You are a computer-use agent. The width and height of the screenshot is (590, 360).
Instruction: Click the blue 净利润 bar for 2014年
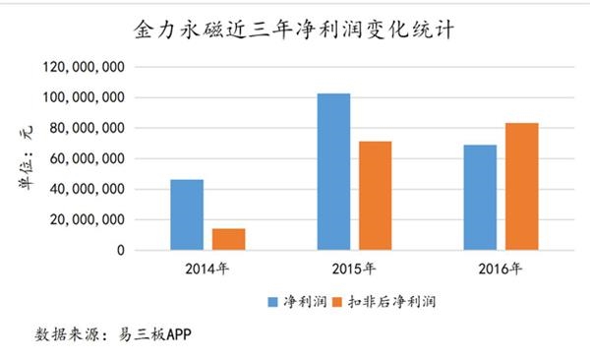[x=187, y=215]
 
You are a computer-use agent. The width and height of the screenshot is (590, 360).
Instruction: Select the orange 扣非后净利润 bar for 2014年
[x=228, y=239]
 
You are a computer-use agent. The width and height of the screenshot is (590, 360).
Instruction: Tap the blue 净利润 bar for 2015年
[x=333, y=172]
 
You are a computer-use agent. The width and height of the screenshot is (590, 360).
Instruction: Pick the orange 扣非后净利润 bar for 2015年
[x=375, y=196]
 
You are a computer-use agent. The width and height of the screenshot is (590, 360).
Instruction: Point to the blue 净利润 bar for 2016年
[x=480, y=198]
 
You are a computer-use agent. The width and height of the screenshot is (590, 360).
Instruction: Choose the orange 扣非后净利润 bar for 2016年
[x=521, y=187]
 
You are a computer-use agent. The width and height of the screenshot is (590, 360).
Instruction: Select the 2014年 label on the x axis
[x=207, y=268]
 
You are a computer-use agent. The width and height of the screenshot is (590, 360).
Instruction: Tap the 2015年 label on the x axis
[x=354, y=268]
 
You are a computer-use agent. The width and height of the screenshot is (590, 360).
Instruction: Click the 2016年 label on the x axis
[x=501, y=268]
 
